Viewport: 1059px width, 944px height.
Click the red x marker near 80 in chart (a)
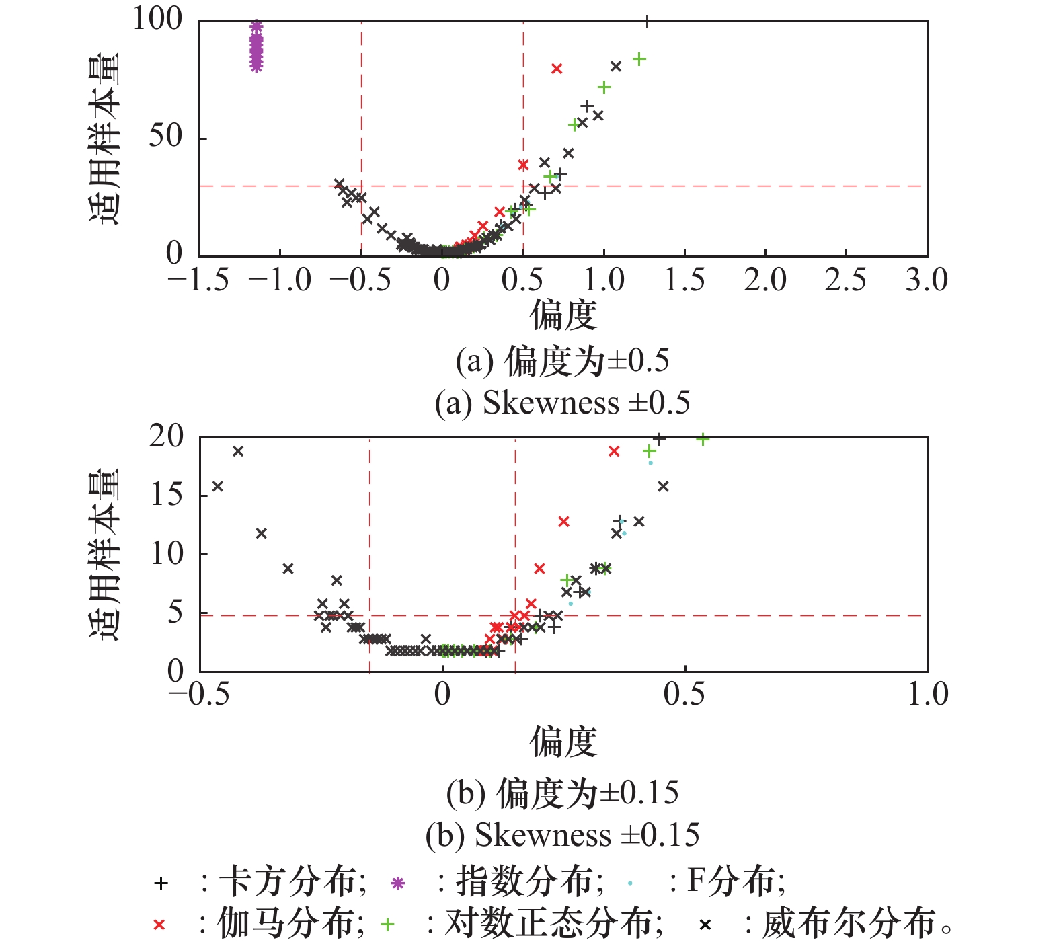(x=557, y=69)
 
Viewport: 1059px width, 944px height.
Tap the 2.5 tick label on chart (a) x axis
(x=845, y=280)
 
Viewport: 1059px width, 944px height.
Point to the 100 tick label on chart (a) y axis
(x=157, y=19)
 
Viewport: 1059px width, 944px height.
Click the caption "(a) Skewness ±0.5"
(x=562, y=403)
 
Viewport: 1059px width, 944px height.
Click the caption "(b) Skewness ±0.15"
(x=562, y=835)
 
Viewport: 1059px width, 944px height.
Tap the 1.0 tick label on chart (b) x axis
(x=927, y=695)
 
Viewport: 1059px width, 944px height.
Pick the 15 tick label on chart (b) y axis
(x=166, y=496)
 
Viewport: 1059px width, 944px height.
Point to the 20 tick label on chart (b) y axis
(x=166, y=437)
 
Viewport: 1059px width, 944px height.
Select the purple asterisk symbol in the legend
(x=398, y=883)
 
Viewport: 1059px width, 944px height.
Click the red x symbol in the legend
(x=159, y=925)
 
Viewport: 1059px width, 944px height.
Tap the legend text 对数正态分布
(x=548, y=924)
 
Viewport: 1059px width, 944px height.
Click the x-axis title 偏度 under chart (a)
(x=563, y=315)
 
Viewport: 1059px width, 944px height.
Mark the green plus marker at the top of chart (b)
(x=703, y=440)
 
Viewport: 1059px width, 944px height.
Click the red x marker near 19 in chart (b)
(x=613, y=451)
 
